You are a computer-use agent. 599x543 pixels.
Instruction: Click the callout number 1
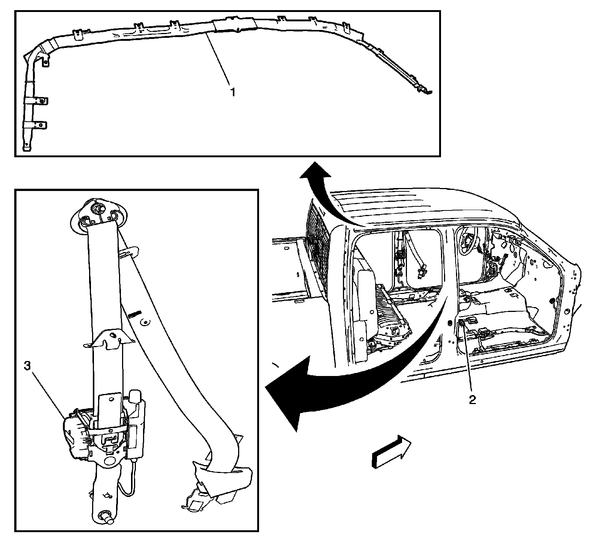click(233, 92)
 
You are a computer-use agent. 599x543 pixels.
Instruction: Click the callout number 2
click(472, 400)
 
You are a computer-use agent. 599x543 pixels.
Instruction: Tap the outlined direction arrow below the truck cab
click(391, 451)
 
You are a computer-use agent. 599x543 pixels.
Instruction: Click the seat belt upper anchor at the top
click(98, 212)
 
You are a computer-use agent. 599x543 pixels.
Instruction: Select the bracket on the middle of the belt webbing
click(109, 339)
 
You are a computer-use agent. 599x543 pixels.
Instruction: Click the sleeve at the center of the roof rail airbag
click(234, 25)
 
